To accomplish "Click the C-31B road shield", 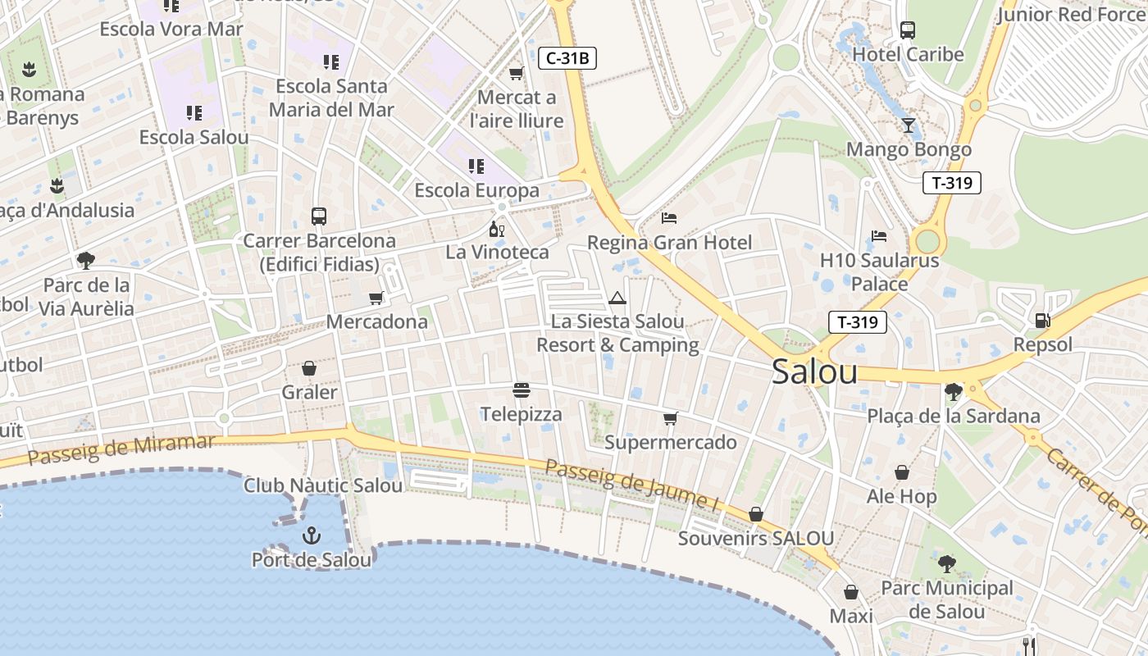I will click(567, 58).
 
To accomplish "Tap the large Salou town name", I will click(814, 372).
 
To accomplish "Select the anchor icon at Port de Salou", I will click(311, 536).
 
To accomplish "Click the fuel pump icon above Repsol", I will click(1042, 321).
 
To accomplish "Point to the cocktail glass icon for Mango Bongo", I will click(909, 125).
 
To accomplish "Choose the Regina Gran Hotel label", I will click(669, 243).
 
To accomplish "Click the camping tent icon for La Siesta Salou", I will click(617, 298).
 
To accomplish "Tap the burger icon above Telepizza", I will click(522, 389).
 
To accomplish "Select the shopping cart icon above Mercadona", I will click(376, 298).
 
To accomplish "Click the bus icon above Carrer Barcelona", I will click(319, 216).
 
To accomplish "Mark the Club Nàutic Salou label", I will click(323, 485).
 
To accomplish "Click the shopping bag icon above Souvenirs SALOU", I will click(755, 514).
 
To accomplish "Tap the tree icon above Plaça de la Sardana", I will click(953, 392).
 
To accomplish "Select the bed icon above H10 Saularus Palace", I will click(879, 236).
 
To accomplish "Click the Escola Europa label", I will click(476, 191).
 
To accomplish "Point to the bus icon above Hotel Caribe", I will click(908, 30).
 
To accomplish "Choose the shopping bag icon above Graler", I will click(309, 368).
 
